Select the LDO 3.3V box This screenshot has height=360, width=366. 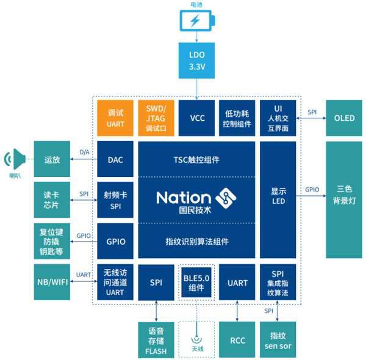(197, 60)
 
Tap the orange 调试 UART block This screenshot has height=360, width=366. (115, 117)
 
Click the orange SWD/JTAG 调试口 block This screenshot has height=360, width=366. (156, 117)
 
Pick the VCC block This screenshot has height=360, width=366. (197, 117)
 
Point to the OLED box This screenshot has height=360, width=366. (344, 117)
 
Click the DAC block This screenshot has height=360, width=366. (115, 160)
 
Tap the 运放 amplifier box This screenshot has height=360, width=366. (52, 160)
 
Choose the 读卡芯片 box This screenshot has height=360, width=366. (52, 199)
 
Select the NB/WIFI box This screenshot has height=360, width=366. (52, 283)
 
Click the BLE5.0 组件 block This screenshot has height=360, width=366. (197, 283)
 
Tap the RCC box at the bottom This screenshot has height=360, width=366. (237, 340)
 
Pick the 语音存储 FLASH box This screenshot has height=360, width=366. (156, 340)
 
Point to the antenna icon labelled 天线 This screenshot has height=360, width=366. (197, 340)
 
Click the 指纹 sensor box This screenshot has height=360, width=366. (278, 340)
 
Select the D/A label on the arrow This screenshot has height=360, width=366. (84, 152)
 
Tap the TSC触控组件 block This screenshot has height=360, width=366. (196, 160)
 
